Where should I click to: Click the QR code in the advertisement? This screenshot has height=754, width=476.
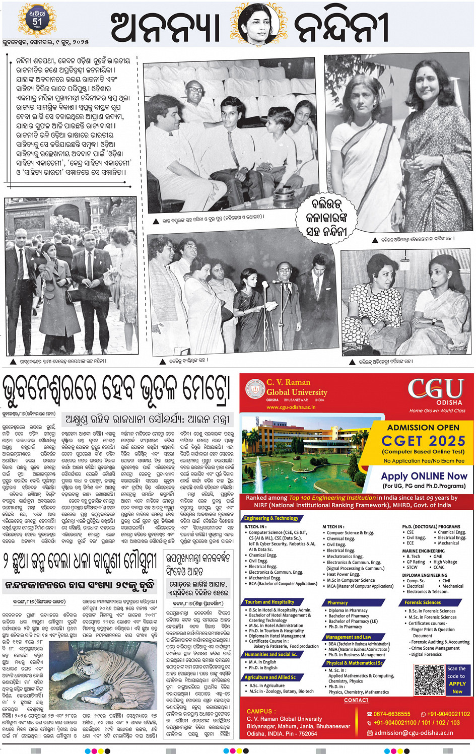pos(430,679)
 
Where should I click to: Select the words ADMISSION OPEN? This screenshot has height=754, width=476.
pos(423,427)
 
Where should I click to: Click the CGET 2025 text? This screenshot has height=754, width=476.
pos(423,441)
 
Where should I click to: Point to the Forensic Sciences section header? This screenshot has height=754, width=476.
pos(423,602)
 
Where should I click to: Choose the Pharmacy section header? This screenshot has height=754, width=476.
pos(337,602)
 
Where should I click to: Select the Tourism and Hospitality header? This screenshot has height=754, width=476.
pos(269,602)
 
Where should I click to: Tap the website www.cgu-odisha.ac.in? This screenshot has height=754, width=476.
pos(291,407)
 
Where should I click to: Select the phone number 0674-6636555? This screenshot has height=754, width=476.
pos(392,714)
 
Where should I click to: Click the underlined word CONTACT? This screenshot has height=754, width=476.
pos(356,700)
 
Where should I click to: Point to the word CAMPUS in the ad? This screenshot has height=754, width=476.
pos(259,711)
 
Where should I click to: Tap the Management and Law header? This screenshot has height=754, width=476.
pos(349,637)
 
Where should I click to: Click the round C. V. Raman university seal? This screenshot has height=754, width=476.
pos(254,388)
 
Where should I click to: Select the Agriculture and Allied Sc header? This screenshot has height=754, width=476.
pos(270,677)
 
